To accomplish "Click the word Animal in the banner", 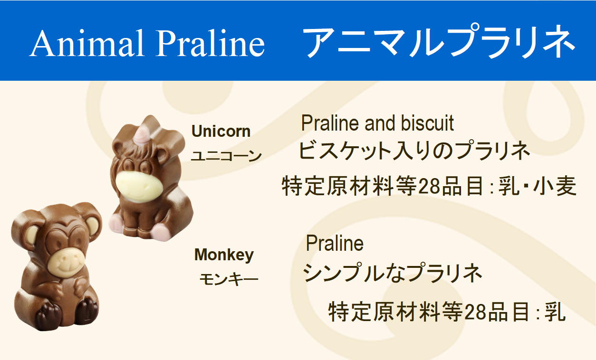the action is (x=87, y=43).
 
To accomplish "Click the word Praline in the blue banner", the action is (x=210, y=43).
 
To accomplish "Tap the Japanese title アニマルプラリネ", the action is (x=439, y=42).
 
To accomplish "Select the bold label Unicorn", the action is (x=221, y=132).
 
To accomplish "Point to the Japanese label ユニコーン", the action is (x=226, y=156).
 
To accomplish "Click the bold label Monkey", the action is (x=224, y=255).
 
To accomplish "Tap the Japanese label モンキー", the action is (x=229, y=279).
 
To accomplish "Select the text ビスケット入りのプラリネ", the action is (x=414, y=151).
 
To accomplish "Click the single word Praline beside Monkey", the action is (x=335, y=243).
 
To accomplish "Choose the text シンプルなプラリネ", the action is (x=393, y=273).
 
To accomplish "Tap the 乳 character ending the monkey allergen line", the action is (x=555, y=312).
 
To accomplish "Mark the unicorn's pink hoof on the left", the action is (x=116, y=224).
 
